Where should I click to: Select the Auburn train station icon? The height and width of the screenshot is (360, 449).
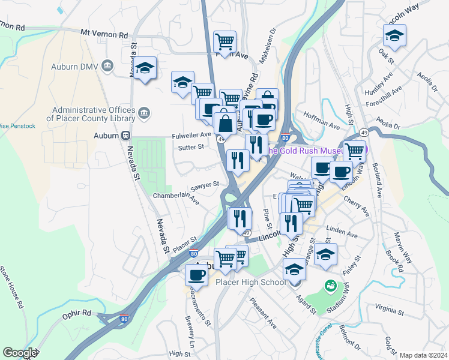pos(126,136)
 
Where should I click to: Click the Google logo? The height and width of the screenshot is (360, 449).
pos(20,353)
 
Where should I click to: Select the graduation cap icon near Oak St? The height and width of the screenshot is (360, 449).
pos(394,37)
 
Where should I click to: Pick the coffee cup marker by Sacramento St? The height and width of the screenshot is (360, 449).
pos(196,274)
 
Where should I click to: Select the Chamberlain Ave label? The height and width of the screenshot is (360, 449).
pos(176,197)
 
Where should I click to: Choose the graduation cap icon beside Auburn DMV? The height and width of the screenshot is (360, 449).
pos(145,69)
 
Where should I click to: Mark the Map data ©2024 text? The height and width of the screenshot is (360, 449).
pos(424,355)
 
